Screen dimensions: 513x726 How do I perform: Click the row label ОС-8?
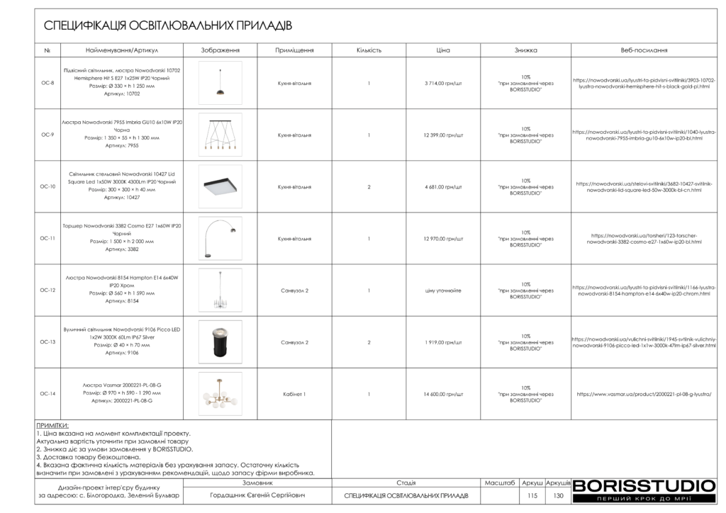click(48, 83)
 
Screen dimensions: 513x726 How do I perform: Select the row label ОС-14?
click(48, 393)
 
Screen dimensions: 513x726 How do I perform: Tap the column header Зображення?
click(220, 50)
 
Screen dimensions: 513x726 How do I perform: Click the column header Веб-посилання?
click(644, 50)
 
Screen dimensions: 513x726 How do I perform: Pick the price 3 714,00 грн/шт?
click(443, 83)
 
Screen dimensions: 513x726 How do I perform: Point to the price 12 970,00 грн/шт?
click(443, 238)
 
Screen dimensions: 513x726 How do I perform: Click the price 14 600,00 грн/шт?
click(443, 393)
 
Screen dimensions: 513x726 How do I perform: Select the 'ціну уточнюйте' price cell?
click(443, 290)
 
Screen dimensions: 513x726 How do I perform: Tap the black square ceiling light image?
click(220, 186)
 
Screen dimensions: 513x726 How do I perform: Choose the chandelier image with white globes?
click(220, 393)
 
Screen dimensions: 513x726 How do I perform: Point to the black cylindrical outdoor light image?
click(220, 342)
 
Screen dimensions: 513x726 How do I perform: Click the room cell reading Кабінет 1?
click(294, 393)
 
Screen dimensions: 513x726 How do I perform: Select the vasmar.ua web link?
click(644, 393)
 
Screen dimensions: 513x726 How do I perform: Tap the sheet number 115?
click(533, 495)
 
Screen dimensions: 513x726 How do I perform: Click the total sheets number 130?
click(558, 495)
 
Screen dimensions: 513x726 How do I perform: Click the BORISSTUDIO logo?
click(644, 487)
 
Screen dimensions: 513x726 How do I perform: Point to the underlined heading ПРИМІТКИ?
click(52, 426)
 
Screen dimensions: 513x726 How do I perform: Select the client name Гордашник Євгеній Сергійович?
click(258, 495)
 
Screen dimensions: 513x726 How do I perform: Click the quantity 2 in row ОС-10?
click(369, 186)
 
